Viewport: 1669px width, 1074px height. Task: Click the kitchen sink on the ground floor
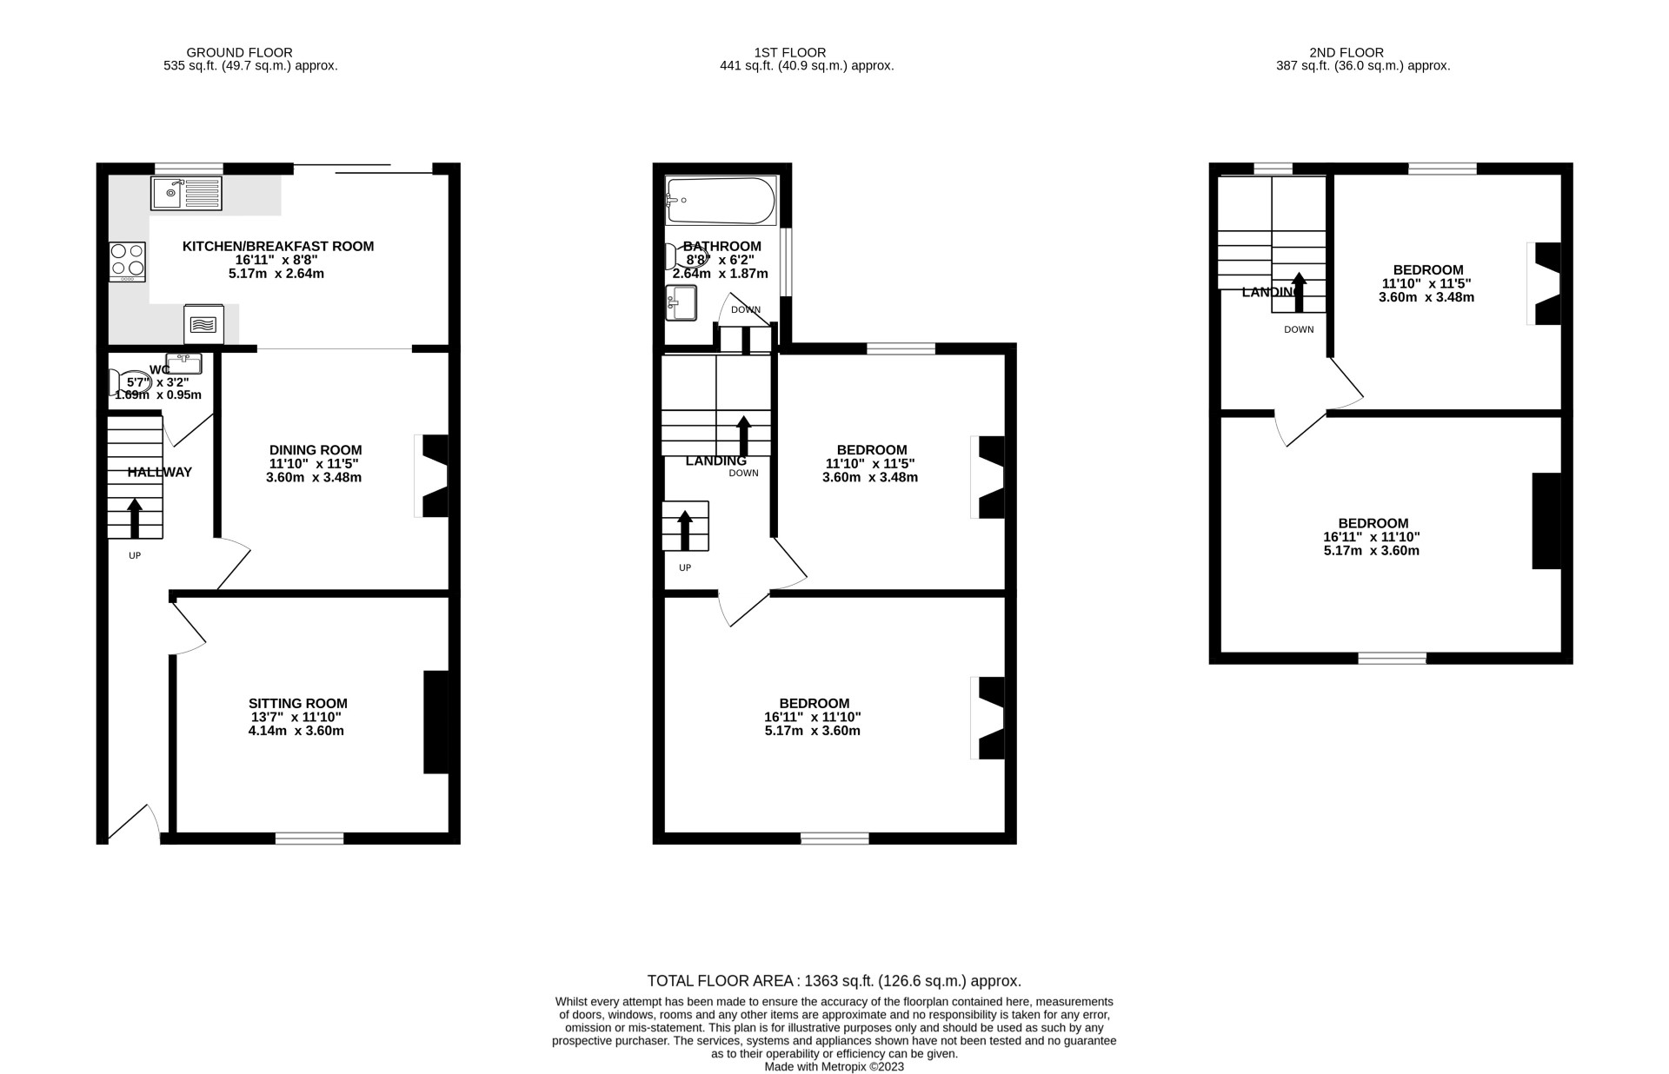coord(187,194)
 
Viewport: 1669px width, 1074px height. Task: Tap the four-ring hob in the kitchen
coord(127,261)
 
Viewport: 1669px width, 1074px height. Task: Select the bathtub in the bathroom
coord(720,201)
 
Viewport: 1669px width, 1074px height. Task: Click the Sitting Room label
coord(297,703)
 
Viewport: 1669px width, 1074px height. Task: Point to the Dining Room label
coord(315,449)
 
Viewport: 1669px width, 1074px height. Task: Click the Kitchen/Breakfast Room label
coord(278,246)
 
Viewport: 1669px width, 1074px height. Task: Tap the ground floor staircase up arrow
coord(135,518)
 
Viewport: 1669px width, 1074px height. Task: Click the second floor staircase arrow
coord(1299,291)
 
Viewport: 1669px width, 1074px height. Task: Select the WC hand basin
coord(183,362)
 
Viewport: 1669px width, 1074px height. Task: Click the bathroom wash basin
coord(681,302)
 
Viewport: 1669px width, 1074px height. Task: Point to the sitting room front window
coord(309,838)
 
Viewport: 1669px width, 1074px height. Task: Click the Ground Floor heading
coord(239,52)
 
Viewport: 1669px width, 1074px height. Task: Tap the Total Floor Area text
coord(834,981)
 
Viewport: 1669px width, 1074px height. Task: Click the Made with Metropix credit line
coord(834,1066)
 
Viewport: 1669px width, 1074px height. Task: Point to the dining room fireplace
coord(432,476)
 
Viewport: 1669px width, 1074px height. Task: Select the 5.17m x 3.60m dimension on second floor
coord(1371,550)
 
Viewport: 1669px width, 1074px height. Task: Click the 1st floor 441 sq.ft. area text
coord(807,65)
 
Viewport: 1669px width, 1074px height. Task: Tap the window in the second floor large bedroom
coord(1392,658)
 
